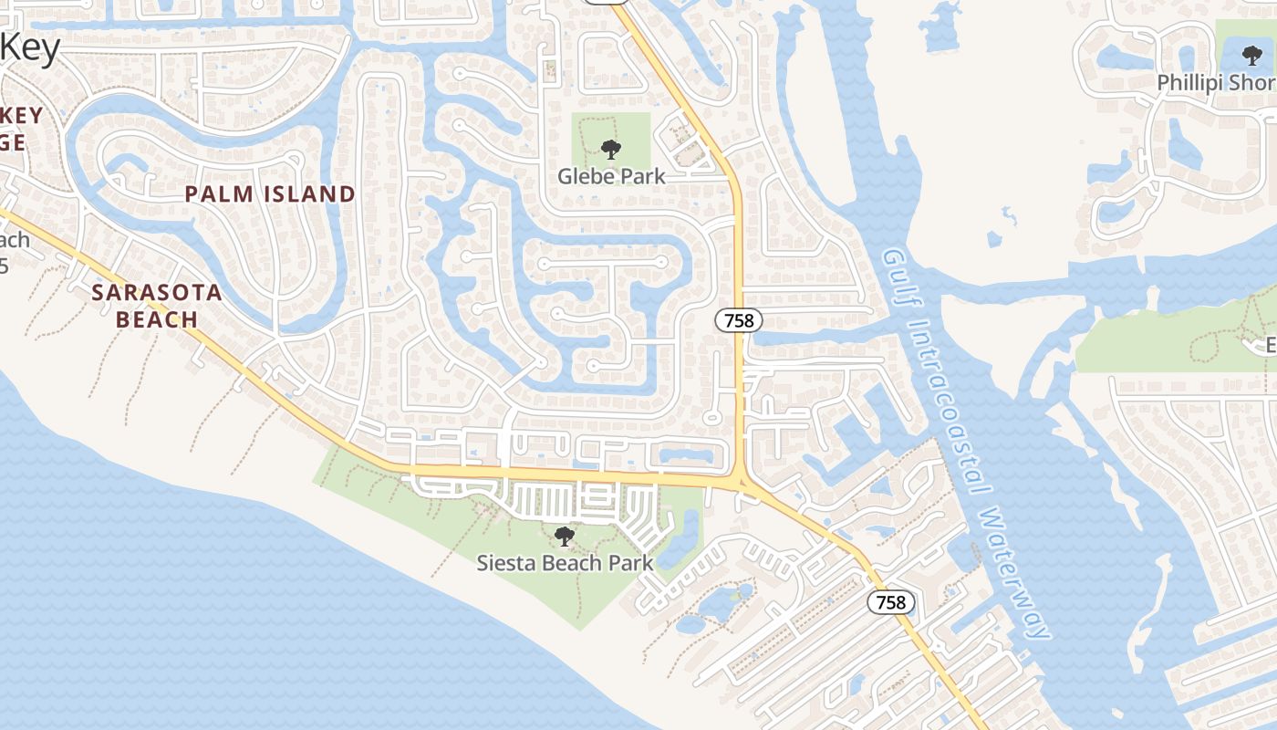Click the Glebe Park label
point(611,176)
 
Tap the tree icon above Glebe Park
point(611,148)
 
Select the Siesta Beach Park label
point(566,562)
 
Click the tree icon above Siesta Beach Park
point(566,536)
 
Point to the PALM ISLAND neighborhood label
point(270,193)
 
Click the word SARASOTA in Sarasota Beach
point(157,293)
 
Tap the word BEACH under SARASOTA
point(157,319)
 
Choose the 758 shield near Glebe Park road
point(738,320)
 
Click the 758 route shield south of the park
point(890,602)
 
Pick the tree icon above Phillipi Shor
point(1252,55)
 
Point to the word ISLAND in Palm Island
point(309,193)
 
